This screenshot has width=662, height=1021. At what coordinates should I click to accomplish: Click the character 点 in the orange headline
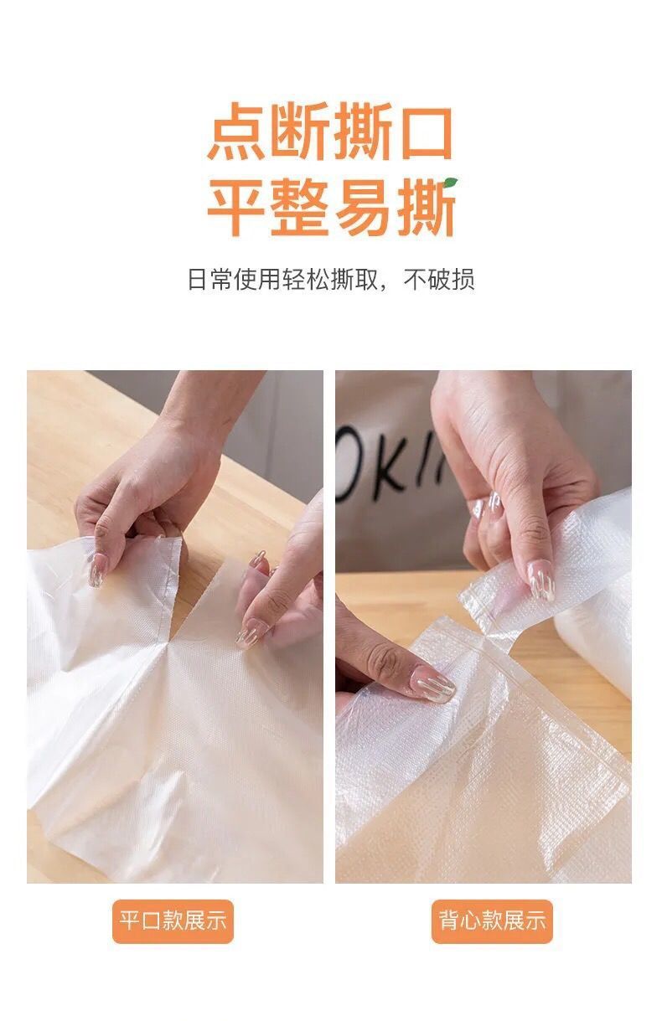click(x=237, y=131)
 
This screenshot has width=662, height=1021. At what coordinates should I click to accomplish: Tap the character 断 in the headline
click(x=300, y=131)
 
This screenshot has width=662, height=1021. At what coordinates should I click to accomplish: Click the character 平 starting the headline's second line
click(x=236, y=207)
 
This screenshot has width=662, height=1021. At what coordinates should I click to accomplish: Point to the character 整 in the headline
click(x=299, y=207)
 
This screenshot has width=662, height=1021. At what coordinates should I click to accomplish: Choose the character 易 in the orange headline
click(x=363, y=207)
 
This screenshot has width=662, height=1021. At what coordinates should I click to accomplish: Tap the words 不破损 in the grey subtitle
click(x=438, y=280)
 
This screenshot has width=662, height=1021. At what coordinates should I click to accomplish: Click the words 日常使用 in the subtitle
click(x=235, y=280)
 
